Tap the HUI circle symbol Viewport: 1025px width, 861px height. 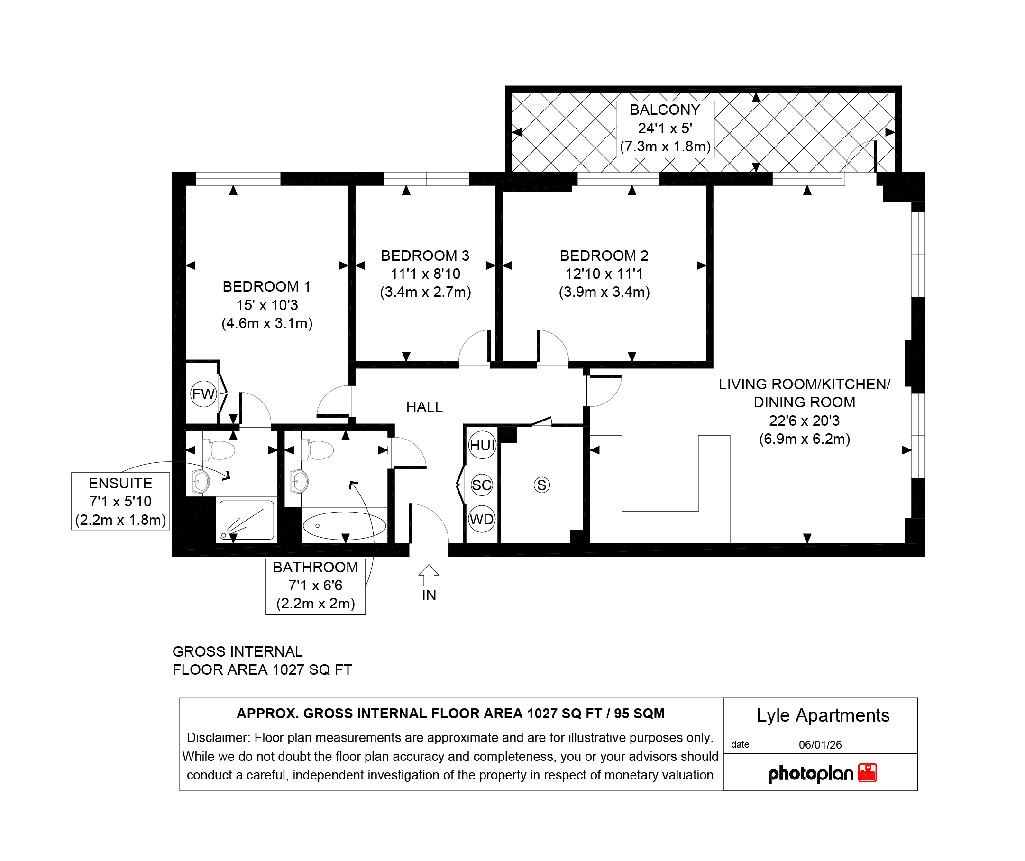tap(482, 445)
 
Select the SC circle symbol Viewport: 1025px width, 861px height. tap(482, 485)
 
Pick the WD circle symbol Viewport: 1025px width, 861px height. tap(482, 519)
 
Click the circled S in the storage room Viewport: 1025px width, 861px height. tap(542, 485)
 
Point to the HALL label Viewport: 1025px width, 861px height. tap(425, 407)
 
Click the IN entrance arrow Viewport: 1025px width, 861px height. tap(429, 575)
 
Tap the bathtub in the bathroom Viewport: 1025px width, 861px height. tap(345, 526)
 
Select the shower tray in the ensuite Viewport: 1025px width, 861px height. tap(247, 520)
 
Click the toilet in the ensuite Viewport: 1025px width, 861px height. tap(219, 450)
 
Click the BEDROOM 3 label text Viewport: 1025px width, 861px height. tap(425, 256)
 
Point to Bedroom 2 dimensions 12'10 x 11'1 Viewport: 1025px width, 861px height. tap(604, 274)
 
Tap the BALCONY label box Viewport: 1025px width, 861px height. tap(665, 129)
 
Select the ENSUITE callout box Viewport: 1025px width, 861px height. tap(120, 501)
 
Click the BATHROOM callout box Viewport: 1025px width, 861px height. tap(315, 586)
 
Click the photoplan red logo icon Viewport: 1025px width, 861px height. tap(867, 773)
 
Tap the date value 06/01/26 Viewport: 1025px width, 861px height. tap(820, 745)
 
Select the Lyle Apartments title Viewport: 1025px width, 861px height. tap(823, 715)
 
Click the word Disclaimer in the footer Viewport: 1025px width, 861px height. tap(218, 738)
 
